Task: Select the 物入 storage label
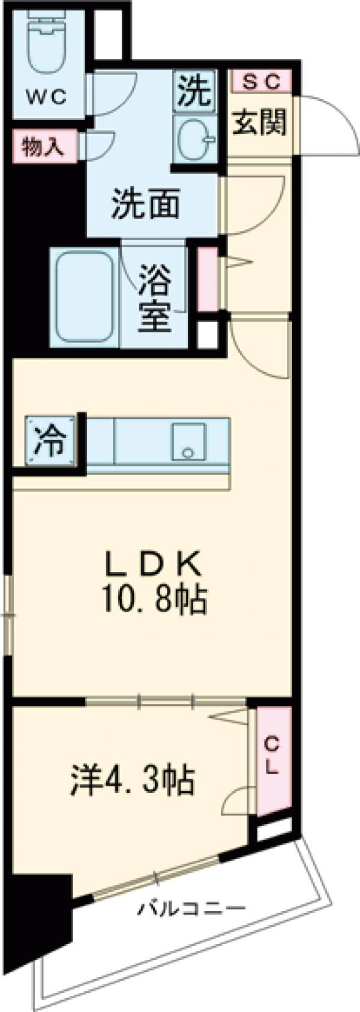point(43,146)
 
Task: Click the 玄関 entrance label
point(259,122)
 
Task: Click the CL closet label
point(272,756)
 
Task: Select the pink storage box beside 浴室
point(207,279)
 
